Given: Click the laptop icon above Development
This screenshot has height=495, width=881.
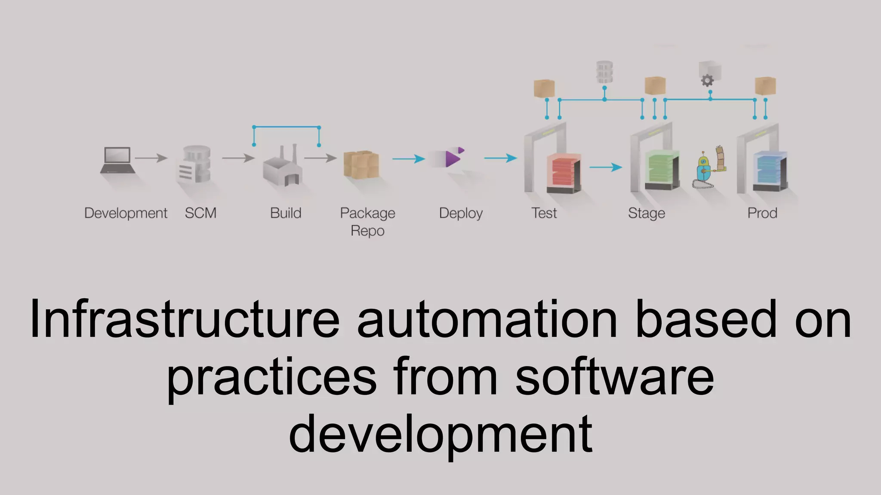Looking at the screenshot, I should (117, 160).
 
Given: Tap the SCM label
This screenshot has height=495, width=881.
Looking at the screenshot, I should (200, 213).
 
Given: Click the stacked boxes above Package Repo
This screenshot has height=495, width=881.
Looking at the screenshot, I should (361, 164).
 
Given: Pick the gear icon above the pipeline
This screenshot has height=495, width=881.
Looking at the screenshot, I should (707, 80).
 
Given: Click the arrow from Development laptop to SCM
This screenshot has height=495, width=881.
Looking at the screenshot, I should (151, 158).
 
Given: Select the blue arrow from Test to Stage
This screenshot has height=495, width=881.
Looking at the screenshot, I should (606, 167).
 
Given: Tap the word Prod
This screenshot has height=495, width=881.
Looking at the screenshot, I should (762, 213).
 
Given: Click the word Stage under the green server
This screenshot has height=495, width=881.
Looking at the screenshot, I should (646, 213).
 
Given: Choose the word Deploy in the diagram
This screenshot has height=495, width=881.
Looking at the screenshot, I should (461, 213).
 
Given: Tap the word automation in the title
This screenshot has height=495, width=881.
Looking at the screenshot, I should (487, 319).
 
